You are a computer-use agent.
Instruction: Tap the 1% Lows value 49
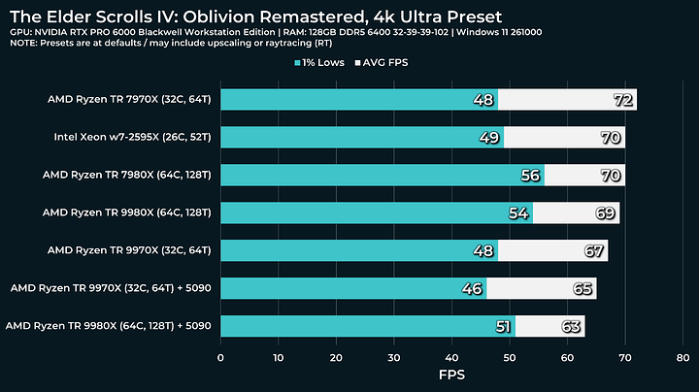(490, 138)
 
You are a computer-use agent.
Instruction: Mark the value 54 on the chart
(519, 213)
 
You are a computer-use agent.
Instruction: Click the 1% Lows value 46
(473, 288)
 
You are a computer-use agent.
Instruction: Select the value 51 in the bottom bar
(502, 326)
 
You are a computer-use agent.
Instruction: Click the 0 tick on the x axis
(221, 357)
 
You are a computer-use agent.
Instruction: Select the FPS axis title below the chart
(451, 375)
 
